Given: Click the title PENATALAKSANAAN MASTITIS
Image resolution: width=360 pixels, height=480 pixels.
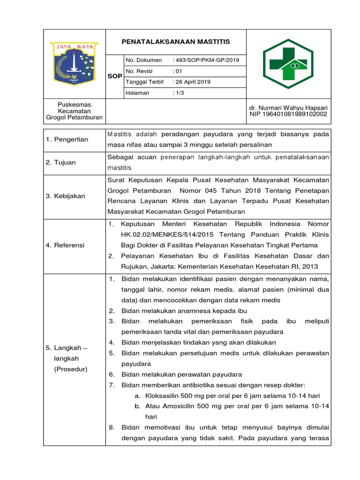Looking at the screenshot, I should pos(176,42).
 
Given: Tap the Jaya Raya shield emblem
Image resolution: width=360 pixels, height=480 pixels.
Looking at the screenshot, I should pos(75,63).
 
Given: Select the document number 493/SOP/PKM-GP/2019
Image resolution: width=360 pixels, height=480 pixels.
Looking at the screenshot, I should pos(206,60).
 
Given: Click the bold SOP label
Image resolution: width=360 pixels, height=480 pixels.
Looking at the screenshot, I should pos(115,76).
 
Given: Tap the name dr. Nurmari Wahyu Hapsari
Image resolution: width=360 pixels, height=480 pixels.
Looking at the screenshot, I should pos(288,107).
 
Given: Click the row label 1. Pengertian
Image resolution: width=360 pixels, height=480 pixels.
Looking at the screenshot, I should pos(67,140).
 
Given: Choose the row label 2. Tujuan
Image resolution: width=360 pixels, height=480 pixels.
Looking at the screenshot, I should pos(61,162).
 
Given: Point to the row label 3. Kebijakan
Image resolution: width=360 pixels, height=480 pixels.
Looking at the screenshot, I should pos(66,196).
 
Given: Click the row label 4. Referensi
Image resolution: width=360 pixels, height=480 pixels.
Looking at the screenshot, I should pos(65,245).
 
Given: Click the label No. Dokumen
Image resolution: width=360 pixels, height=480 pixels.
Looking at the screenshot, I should pos(143,60).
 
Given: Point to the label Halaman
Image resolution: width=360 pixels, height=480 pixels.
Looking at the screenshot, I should pos(137,93).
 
